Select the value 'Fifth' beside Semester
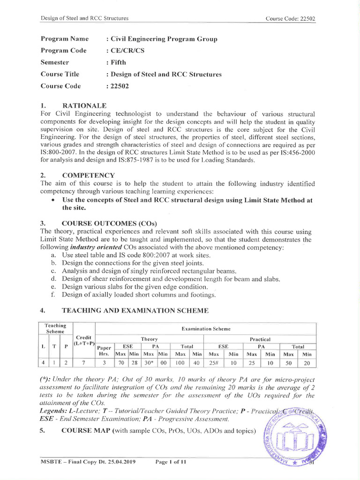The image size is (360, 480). (x=118, y=62)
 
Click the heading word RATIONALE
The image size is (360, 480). (x=84, y=105)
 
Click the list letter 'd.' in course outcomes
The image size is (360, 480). (x=53, y=279)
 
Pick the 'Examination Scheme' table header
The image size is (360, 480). (x=206, y=329)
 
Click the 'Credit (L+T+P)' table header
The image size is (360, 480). (x=84, y=341)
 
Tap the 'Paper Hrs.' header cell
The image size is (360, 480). (x=105, y=351)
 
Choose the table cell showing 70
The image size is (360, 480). (x=121, y=363)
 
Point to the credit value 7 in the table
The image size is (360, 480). (x=84, y=363)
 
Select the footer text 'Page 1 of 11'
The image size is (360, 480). (x=171, y=462)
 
